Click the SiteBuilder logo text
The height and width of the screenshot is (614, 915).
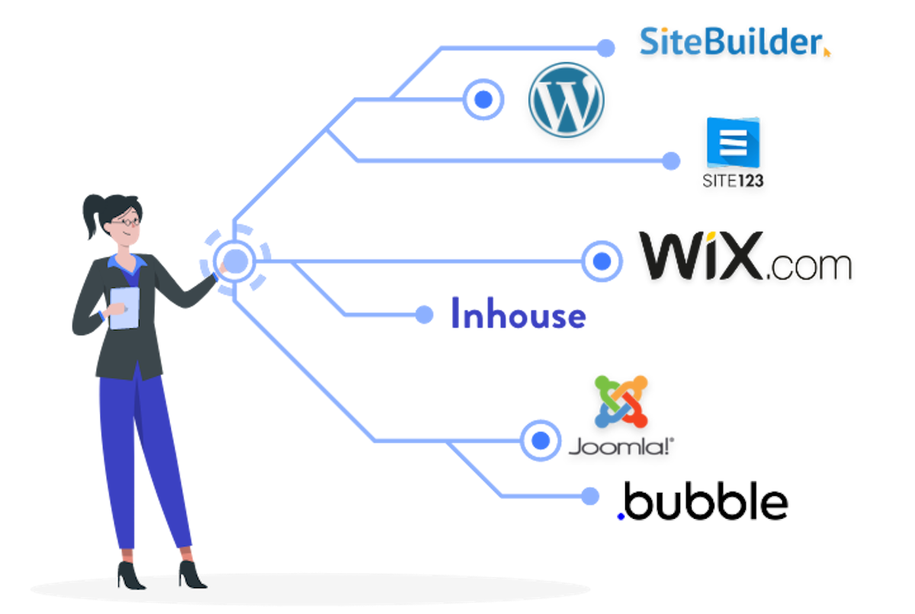point(730,41)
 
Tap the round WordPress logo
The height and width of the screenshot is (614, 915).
point(566,100)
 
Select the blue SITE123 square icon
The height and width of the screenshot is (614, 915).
point(733,142)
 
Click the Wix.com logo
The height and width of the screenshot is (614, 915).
point(744,256)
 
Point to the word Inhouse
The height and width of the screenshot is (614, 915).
point(518,315)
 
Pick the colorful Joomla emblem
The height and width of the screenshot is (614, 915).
point(621,401)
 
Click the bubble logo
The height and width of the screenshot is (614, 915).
point(702,501)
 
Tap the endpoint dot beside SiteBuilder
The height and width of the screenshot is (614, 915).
point(605,49)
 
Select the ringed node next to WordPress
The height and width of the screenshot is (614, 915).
point(483,99)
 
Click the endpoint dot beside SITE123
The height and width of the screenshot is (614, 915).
point(671,161)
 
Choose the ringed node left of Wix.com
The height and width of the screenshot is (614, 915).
point(602,261)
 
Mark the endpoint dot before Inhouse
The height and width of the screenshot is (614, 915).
point(425,315)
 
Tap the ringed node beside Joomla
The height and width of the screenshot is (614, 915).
point(541,440)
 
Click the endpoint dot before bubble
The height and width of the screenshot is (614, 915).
point(589,496)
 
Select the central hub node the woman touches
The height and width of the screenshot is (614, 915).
point(235,261)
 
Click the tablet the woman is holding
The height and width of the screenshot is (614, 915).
point(124,308)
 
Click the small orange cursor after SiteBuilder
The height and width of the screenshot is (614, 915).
point(827,52)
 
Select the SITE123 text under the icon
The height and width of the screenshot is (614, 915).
point(733,181)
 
